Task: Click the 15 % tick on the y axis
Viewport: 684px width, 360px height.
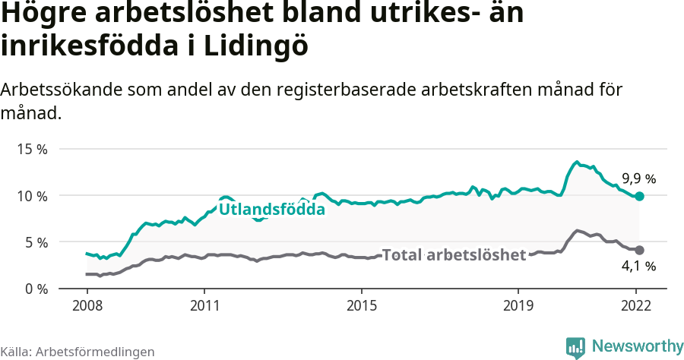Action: (32, 149)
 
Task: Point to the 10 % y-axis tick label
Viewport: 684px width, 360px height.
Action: (32, 196)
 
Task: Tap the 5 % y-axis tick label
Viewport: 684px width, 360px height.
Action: (35, 242)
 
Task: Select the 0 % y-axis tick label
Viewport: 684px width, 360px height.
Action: (35, 289)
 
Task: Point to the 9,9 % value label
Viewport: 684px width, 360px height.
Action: (638, 179)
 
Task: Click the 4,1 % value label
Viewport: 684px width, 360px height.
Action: (638, 267)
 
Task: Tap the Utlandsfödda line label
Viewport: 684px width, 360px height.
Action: (272, 209)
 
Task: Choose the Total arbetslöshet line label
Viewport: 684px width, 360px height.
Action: (454, 255)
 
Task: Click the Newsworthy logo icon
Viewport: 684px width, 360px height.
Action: (575, 347)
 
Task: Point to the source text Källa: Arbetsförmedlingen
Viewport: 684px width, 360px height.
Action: (78, 352)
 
